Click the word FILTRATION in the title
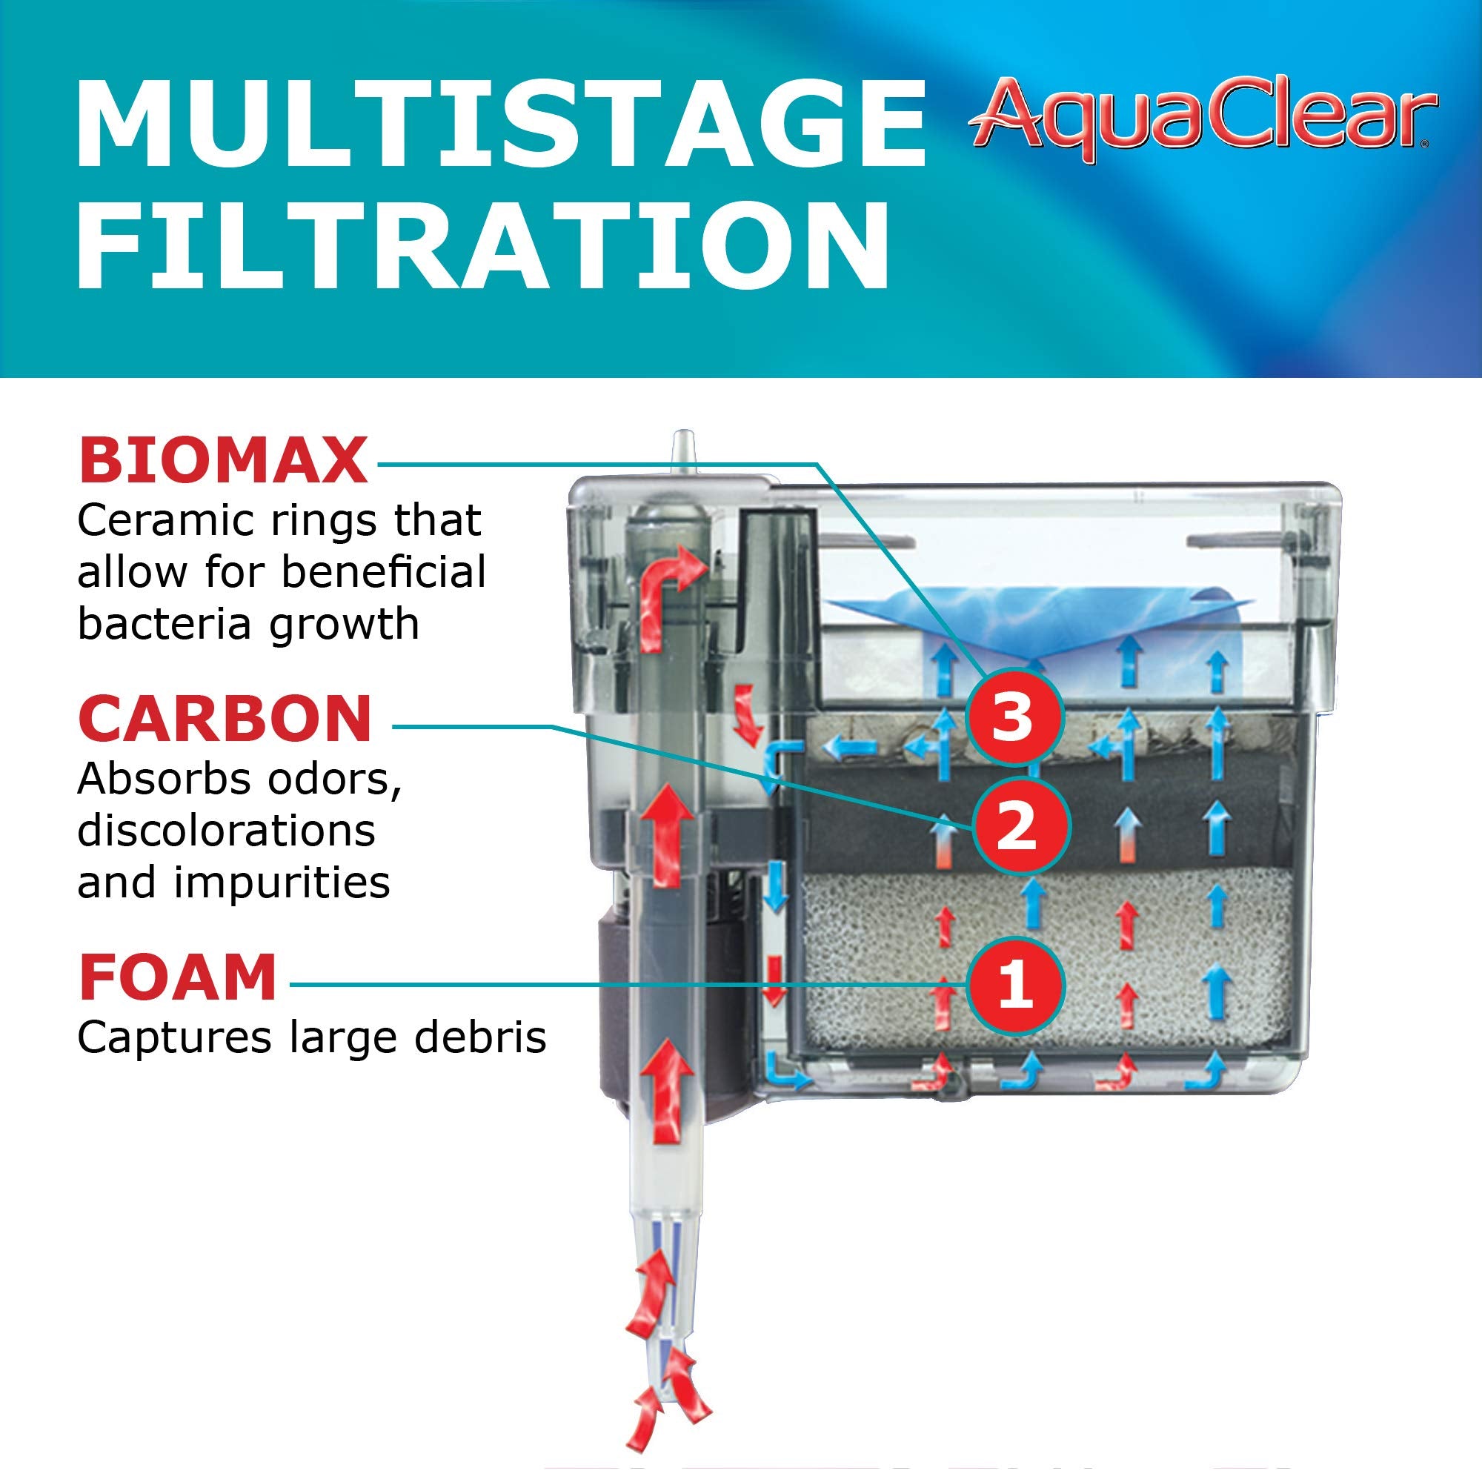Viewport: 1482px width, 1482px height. click(483, 245)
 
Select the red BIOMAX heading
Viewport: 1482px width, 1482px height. click(223, 462)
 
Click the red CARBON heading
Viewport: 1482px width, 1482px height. click(225, 720)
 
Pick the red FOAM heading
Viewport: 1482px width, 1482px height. click(177, 979)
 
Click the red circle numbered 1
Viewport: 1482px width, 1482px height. click(1015, 985)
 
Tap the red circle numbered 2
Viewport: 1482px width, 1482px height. click(1020, 827)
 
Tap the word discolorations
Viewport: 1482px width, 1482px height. click(226, 831)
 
